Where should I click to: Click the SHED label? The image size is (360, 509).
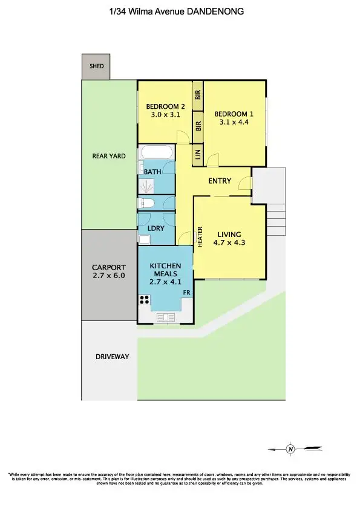tap(96, 67)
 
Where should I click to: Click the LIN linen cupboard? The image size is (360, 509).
tap(198, 155)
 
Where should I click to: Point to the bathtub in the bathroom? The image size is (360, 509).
tap(157, 152)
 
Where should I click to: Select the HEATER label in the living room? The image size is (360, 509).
tap(200, 236)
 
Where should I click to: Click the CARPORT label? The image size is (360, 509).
tap(109, 268)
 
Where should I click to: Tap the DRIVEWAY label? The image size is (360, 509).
tap(113, 357)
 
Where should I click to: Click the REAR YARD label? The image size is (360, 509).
tap(109, 156)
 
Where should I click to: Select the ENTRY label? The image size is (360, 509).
tap(220, 181)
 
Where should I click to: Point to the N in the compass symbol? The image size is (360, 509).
tap(290, 449)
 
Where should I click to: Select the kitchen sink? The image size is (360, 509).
tap(165, 316)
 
